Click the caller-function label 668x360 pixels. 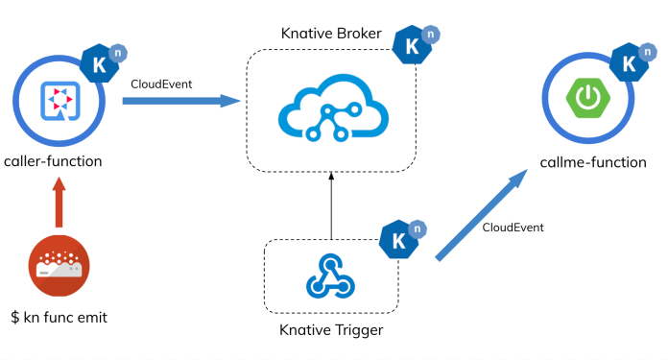53,160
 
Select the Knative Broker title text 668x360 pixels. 331,34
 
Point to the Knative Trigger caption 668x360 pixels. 330,330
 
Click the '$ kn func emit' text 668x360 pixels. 60,316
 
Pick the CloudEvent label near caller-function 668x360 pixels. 161,84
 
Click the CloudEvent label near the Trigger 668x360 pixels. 513,228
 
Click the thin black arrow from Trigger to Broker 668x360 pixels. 330,205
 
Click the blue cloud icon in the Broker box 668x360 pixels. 330,106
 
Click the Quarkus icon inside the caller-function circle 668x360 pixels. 59,101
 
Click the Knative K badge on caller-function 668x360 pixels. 100,63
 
